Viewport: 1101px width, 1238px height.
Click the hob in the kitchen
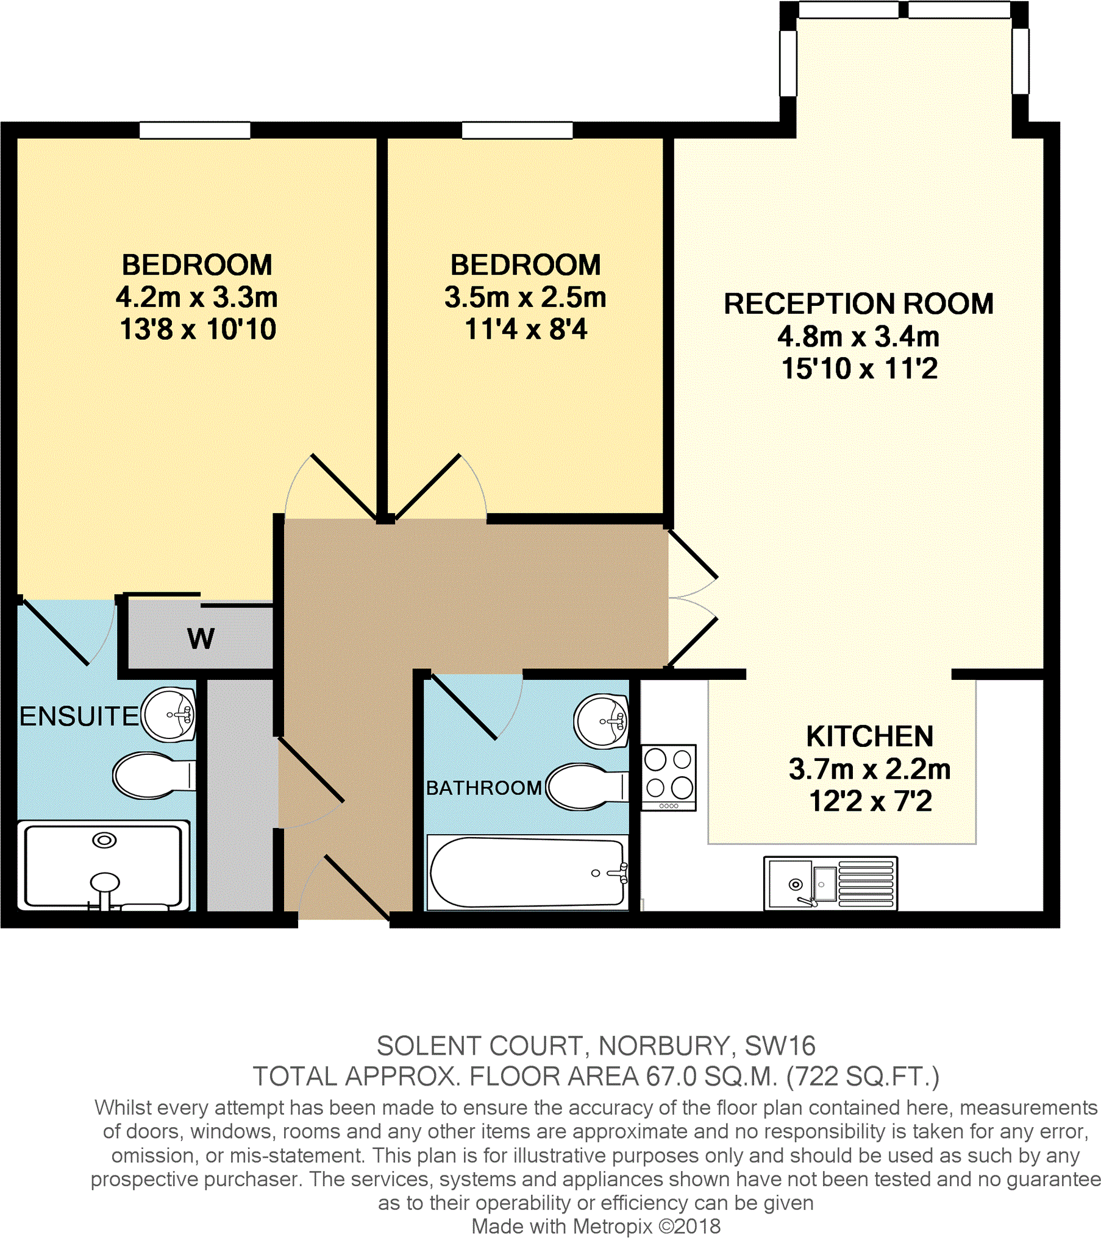pyautogui.click(x=668, y=777)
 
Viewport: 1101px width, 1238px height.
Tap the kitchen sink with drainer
pyautogui.click(x=830, y=883)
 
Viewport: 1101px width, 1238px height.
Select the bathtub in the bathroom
pyautogui.click(x=527, y=872)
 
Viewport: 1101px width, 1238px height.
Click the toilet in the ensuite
pyautogui.click(x=153, y=776)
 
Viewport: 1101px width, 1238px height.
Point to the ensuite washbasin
pyautogui.click(x=169, y=714)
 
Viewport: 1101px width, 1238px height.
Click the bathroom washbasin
pyautogui.click(x=602, y=721)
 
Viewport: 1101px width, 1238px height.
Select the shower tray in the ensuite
pyautogui.click(x=103, y=865)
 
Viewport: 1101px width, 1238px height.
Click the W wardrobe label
pyautogui.click(x=201, y=638)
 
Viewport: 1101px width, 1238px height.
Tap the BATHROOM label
pyautogui.click(x=483, y=788)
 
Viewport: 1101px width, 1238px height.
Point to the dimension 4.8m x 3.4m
pyautogui.click(x=858, y=336)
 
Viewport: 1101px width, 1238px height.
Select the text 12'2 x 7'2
pyautogui.click(x=870, y=801)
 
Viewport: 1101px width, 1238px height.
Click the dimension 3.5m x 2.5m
pyautogui.click(x=525, y=297)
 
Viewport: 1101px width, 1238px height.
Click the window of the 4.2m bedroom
pyautogui.click(x=194, y=130)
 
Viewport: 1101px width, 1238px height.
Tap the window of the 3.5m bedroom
pyautogui.click(x=517, y=130)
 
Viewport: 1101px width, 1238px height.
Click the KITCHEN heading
pyautogui.click(x=869, y=736)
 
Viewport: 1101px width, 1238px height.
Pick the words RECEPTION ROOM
pyautogui.click(x=858, y=303)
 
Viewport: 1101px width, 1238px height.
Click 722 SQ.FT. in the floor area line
pyautogui.click(x=862, y=1077)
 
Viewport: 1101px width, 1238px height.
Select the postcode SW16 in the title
pyautogui.click(x=780, y=1046)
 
